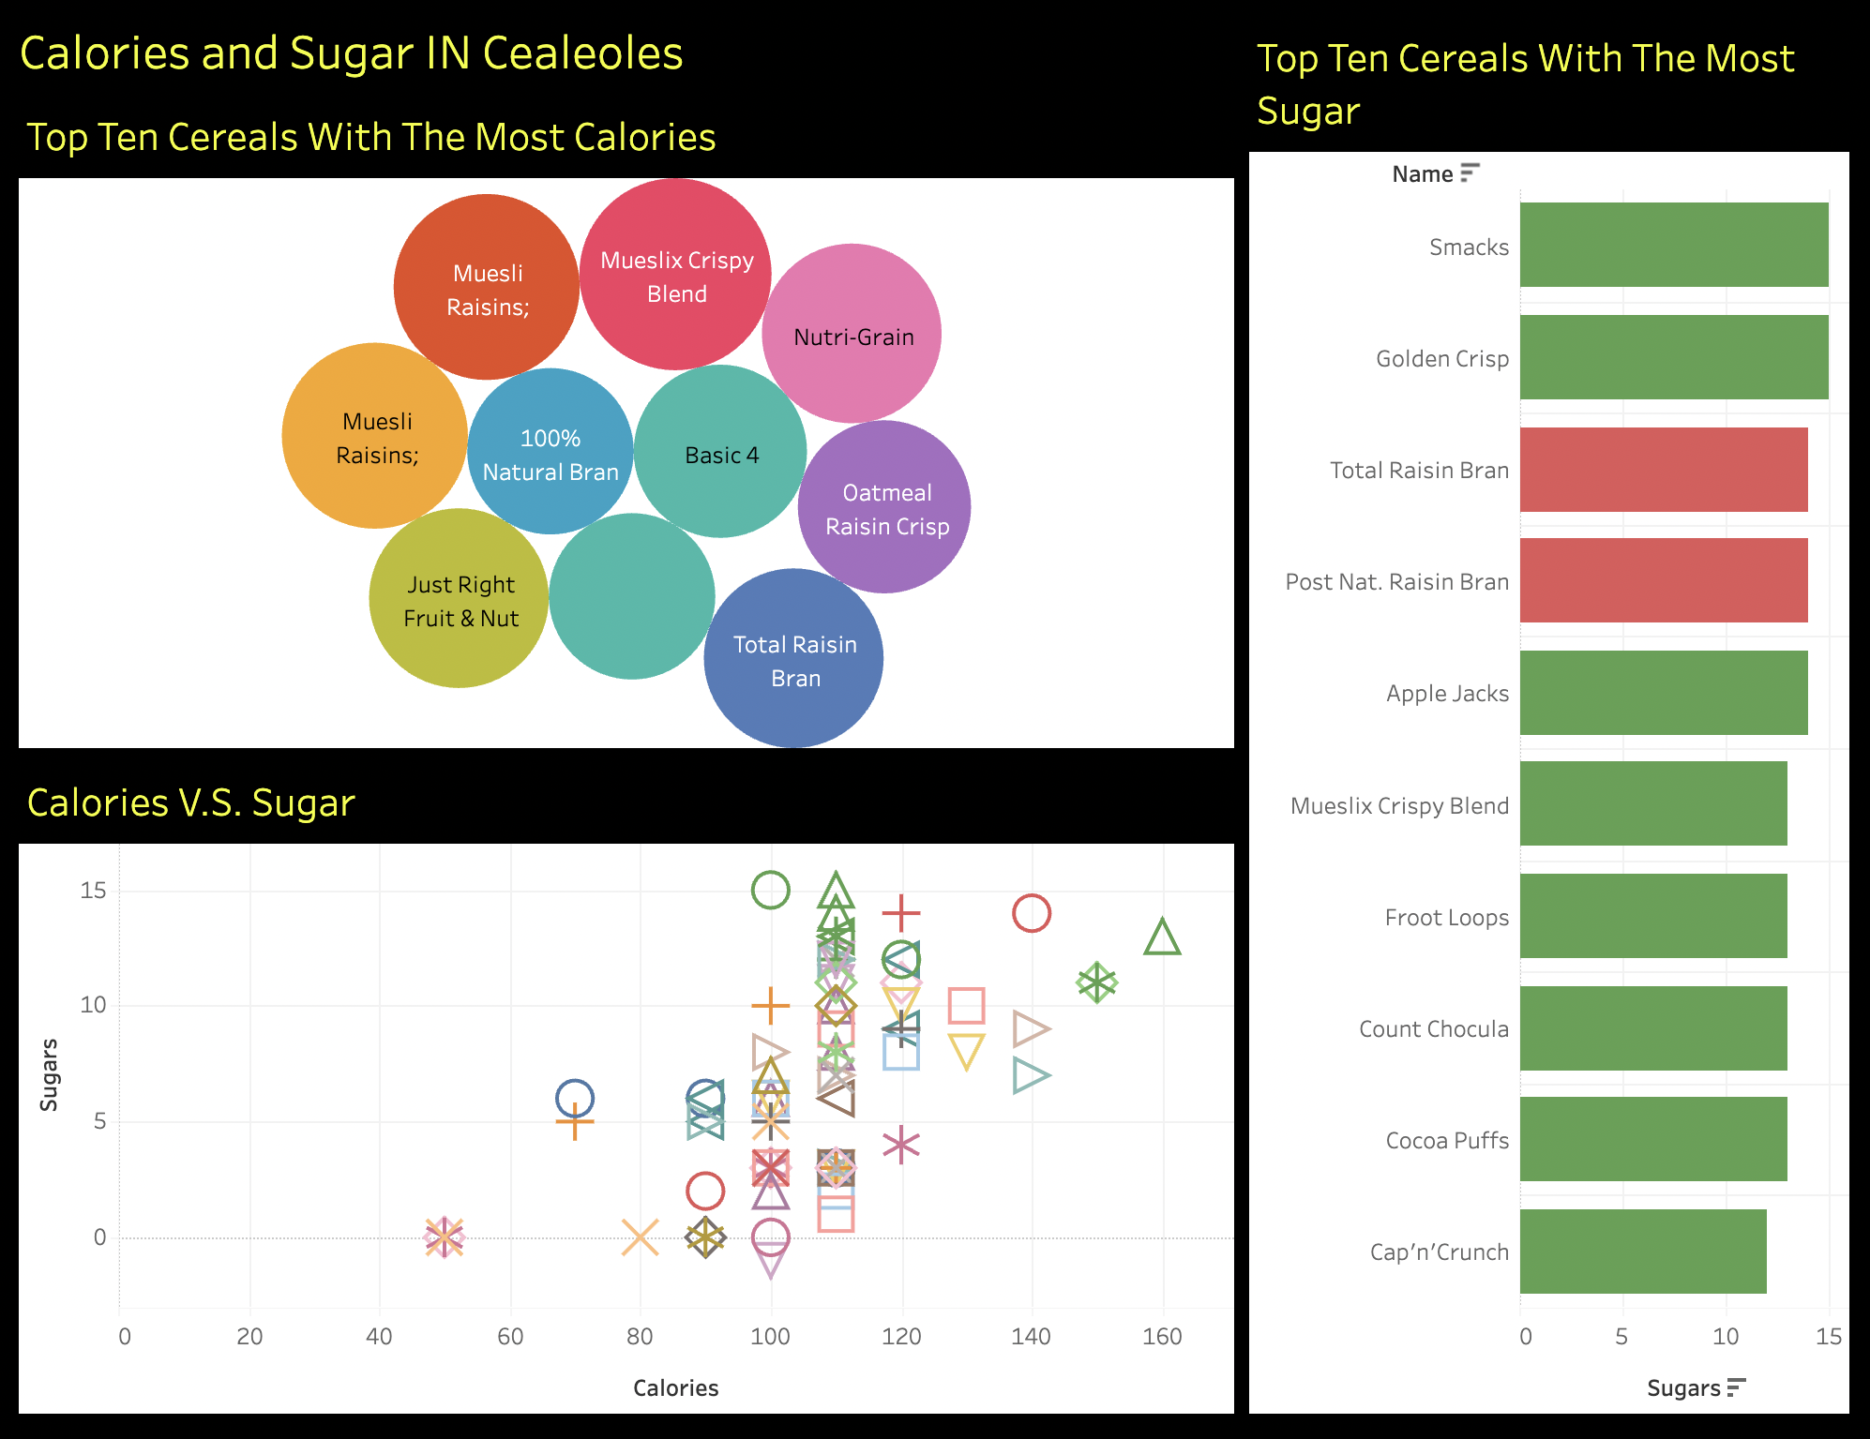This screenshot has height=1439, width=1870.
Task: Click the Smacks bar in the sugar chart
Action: [x=1673, y=245]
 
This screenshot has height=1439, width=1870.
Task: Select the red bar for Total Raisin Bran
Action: [x=1663, y=470]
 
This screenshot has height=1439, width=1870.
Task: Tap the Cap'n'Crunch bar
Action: [x=1642, y=1252]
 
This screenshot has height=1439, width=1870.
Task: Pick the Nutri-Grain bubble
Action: [x=852, y=334]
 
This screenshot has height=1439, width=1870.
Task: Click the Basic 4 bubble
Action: [x=720, y=452]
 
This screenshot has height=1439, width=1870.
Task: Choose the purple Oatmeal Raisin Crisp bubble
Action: [x=884, y=507]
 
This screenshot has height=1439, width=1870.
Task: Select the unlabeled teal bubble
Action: [x=632, y=596]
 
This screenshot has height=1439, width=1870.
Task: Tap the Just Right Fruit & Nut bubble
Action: [x=459, y=599]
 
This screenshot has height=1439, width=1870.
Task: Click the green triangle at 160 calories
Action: [x=1162, y=937]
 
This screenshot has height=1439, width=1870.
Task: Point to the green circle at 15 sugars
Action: [x=770, y=890]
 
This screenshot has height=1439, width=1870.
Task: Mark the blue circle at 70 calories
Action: [x=575, y=1098]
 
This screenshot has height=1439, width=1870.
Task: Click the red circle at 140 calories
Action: [x=1031, y=913]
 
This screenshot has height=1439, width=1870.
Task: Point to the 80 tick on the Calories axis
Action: [x=640, y=1337]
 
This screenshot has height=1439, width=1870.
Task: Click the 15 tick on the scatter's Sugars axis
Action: [x=94, y=891]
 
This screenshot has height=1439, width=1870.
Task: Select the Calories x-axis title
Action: [x=675, y=1388]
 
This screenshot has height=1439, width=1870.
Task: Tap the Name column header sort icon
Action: [x=1470, y=173]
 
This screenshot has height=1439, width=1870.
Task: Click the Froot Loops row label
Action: [x=1446, y=917]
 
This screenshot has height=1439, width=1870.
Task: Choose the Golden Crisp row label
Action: [x=1441, y=358]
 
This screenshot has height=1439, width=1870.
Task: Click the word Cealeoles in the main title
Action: [x=582, y=53]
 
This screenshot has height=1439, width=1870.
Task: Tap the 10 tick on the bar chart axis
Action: [x=1726, y=1337]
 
